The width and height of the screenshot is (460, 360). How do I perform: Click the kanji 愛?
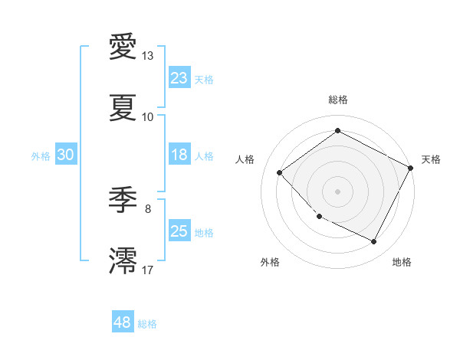[123, 47]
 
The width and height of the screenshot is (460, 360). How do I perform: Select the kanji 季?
[123, 200]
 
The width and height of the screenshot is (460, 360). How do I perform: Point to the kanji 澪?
[123, 260]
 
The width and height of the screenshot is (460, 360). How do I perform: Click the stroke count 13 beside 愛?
[148, 56]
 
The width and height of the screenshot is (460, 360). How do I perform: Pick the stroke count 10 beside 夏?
[148, 117]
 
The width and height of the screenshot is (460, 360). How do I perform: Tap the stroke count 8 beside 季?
[148, 208]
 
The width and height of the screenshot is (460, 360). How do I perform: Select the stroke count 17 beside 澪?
[148, 270]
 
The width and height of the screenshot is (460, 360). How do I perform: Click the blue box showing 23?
[179, 78]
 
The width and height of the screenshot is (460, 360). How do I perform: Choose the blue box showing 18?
[179, 155]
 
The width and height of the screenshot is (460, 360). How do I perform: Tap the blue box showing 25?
[179, 231]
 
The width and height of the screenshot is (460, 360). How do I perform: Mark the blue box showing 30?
[66, 155]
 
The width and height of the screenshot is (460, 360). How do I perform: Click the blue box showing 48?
[123, 322]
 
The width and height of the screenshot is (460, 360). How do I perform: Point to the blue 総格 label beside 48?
[147, 324]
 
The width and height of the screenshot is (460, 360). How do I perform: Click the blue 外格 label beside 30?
[41, 156]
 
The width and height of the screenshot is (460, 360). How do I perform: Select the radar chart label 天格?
[431, 159]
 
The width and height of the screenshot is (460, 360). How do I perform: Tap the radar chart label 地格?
[402, 262]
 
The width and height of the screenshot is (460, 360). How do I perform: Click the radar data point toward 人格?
[280, 172]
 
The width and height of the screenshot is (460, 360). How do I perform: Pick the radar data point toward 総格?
[337, 131]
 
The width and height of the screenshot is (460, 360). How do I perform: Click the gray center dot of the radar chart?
[337, 191]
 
